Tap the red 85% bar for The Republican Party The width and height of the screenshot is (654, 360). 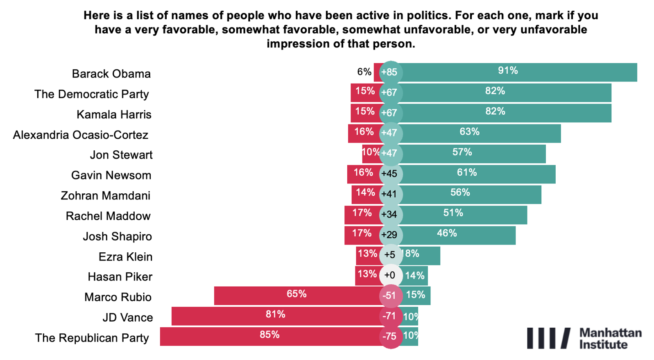[269, 336]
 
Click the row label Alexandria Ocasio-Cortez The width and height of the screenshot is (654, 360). [81, 135]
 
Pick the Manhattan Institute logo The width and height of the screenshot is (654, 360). [584, 338]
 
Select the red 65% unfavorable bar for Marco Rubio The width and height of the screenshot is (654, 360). [296, 295]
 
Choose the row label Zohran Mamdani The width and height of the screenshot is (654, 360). [106, 196]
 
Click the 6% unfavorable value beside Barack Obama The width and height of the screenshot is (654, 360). [364, 72]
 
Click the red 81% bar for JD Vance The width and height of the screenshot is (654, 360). [275, 316]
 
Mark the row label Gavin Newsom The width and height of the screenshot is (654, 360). [111, 175]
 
